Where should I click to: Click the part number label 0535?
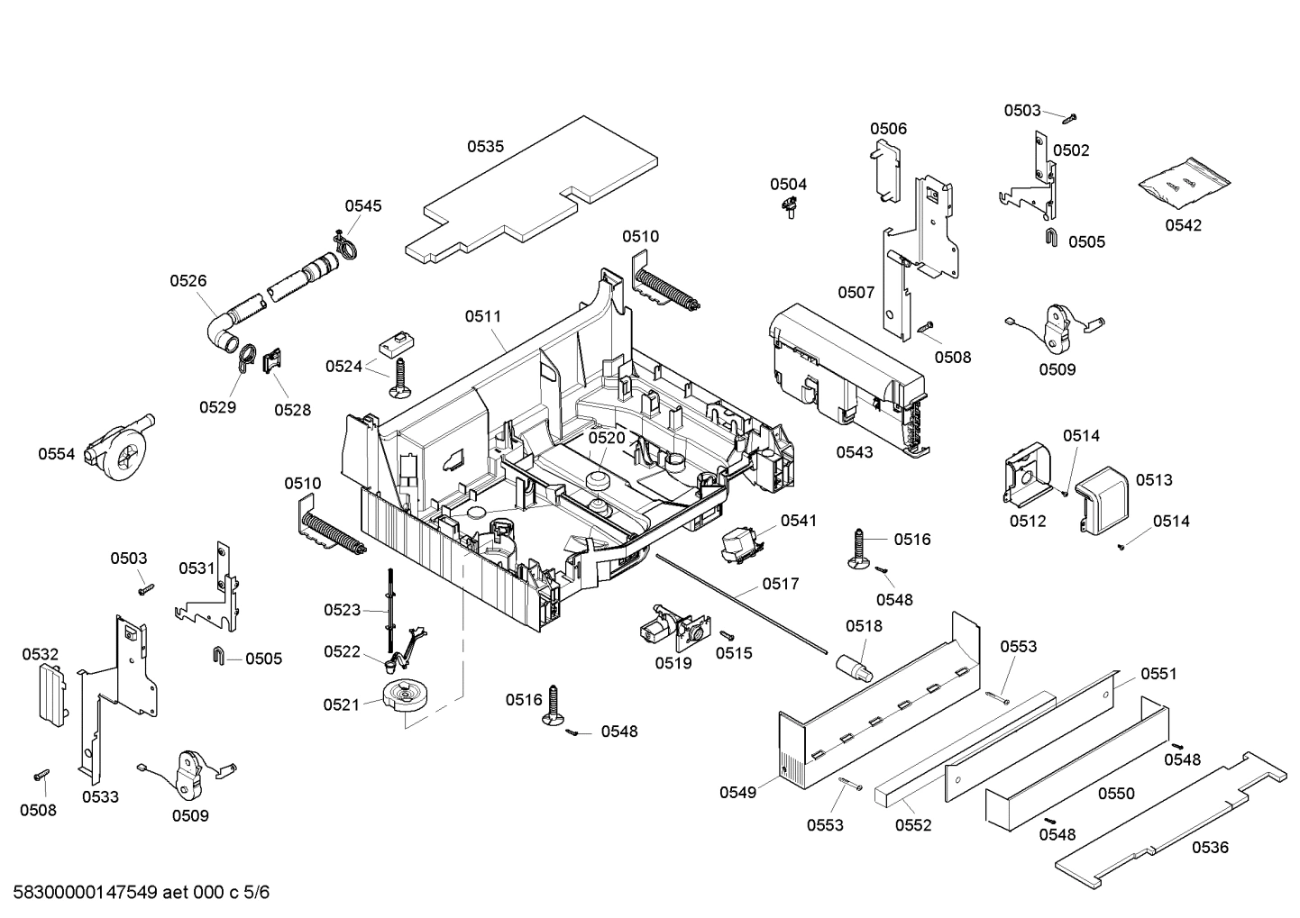(x=485, y=146)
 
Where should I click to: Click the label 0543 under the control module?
(x=854, y=452)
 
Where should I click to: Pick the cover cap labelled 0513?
(x=1103, y=500)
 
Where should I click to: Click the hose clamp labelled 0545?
(x=343, y=241)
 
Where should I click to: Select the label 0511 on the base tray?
(x=483, y=316)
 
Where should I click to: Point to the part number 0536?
(x=1210, y=847)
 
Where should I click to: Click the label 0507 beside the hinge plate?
(x=856, y=292)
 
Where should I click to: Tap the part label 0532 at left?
(x=40, y=654)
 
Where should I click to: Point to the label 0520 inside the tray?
(x=607, y=438)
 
